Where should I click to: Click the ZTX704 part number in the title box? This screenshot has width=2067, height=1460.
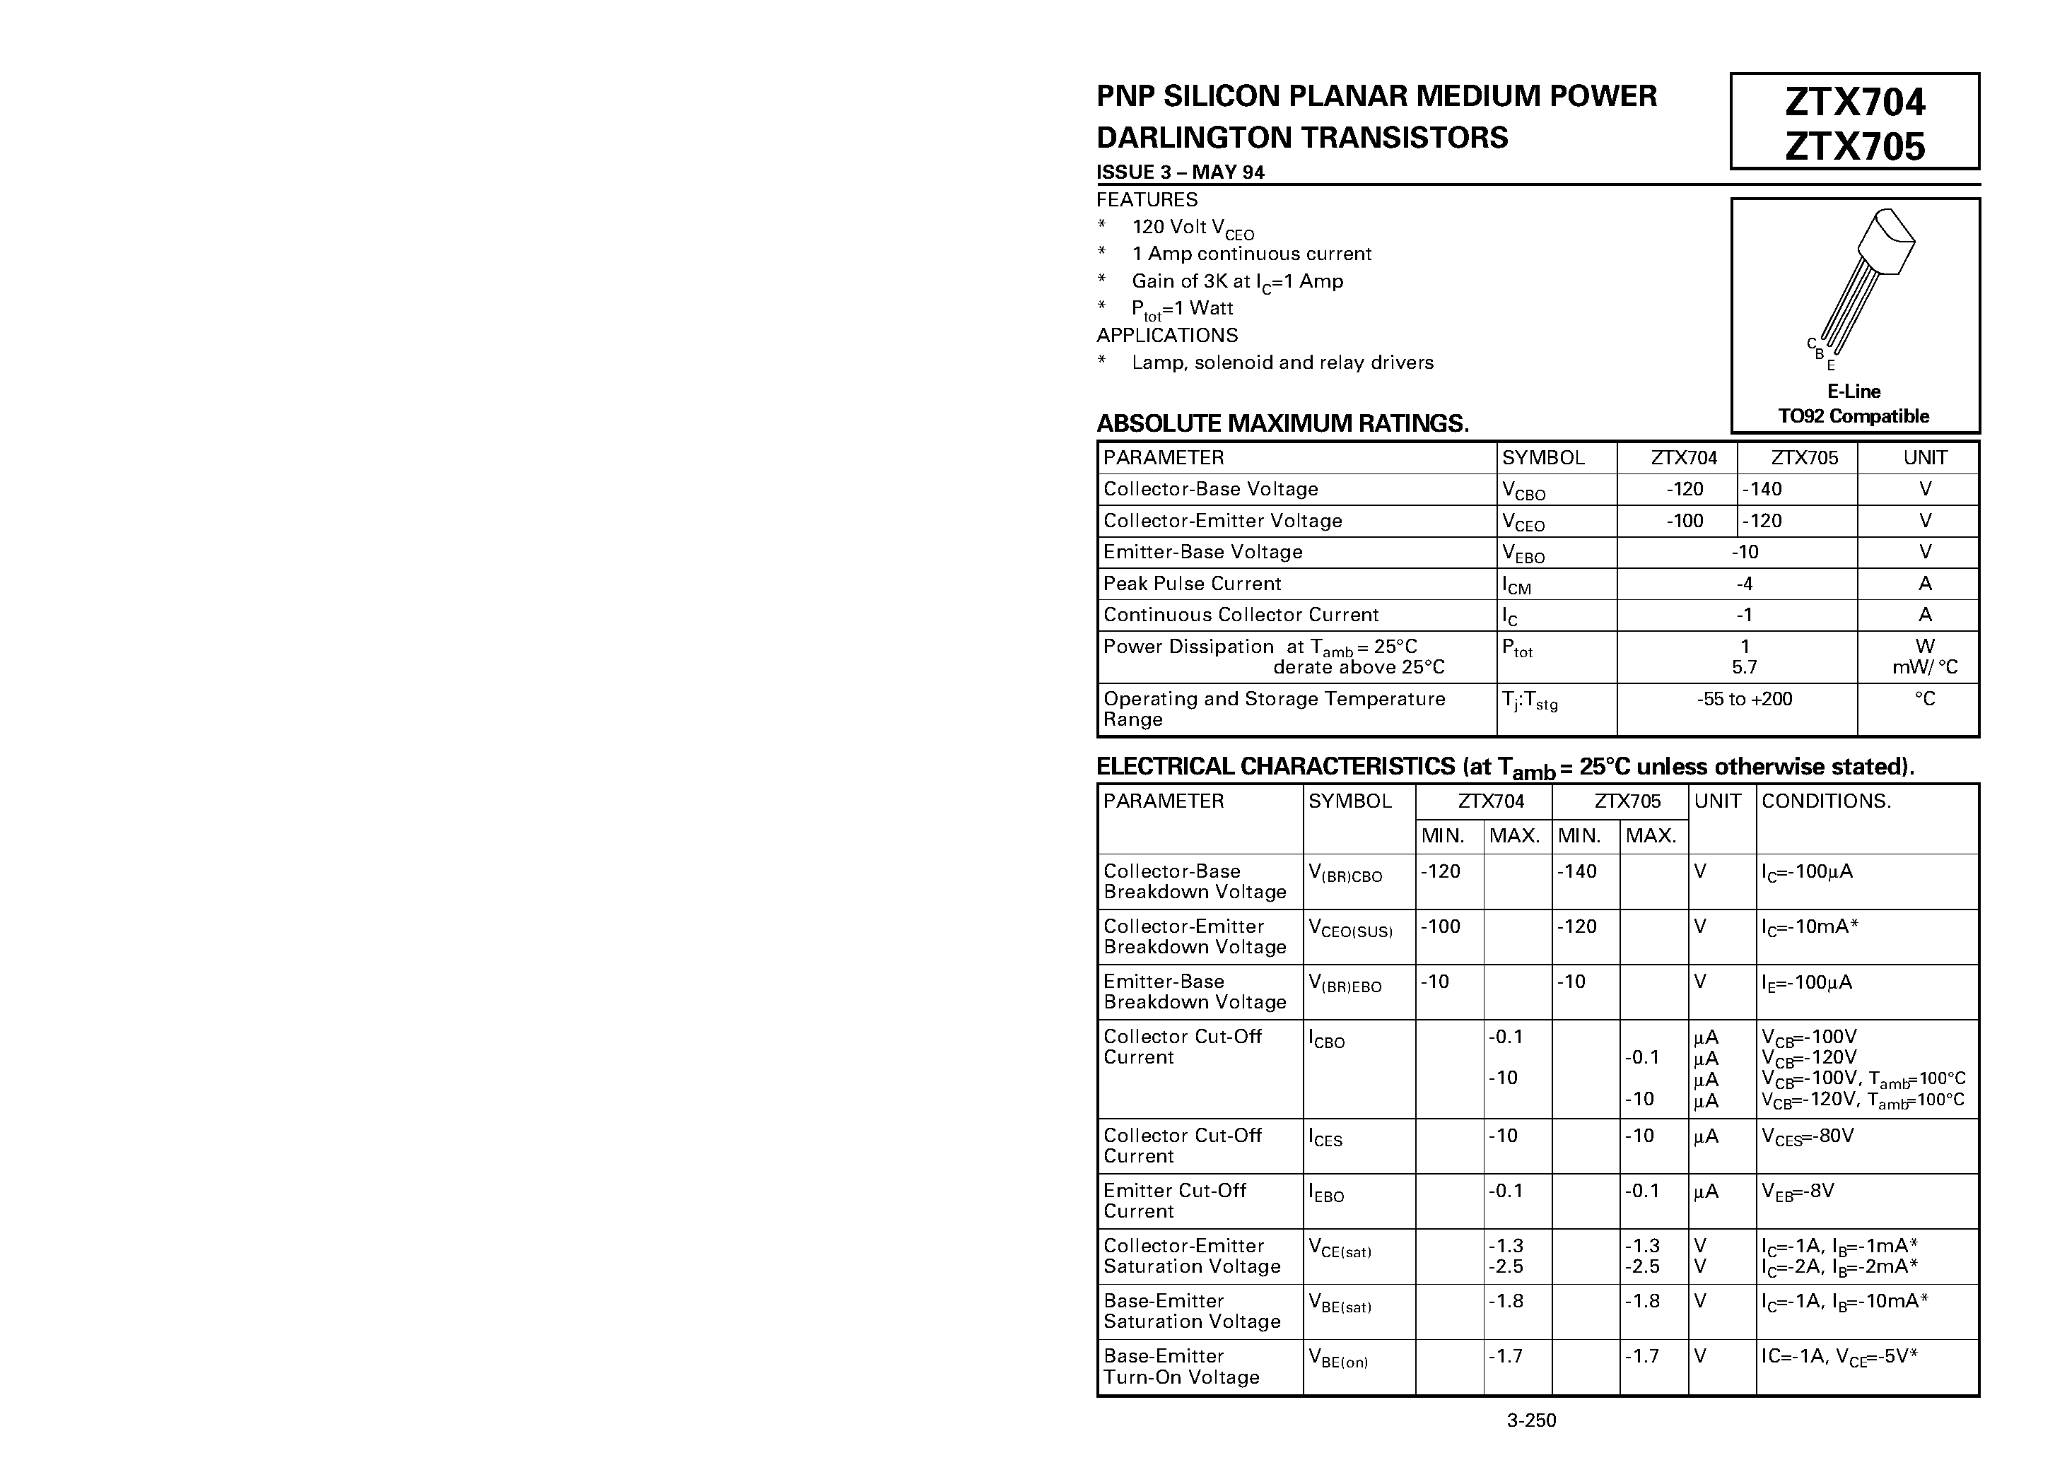[1854, 102]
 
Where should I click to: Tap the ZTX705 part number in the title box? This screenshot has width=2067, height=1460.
[1854, 146]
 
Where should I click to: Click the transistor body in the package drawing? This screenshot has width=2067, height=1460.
[1883, 241]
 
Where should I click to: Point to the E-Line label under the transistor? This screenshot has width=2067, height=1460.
[1854, 392]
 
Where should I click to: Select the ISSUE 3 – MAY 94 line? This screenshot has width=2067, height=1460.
[1181, 172]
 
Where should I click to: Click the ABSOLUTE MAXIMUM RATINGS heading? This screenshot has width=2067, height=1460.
[1282, 423]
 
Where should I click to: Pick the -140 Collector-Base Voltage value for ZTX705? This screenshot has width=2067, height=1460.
[1762, 490]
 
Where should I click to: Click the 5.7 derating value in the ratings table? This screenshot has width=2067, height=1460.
[1744, 668]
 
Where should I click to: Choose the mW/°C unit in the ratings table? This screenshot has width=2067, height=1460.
[1925, 668]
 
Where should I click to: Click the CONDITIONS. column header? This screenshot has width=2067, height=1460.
[1826, 801]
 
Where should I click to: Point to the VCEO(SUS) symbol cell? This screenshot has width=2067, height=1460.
[1349, 929]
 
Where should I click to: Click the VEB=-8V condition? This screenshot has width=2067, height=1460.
[1797, 1191]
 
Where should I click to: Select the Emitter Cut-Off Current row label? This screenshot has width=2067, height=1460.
[1175, 1201]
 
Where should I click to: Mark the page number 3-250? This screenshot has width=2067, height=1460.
[1531, 1420]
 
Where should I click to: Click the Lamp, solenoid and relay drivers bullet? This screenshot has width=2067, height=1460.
[1282, 363]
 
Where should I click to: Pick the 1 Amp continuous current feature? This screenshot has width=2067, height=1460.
[1251, 254]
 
